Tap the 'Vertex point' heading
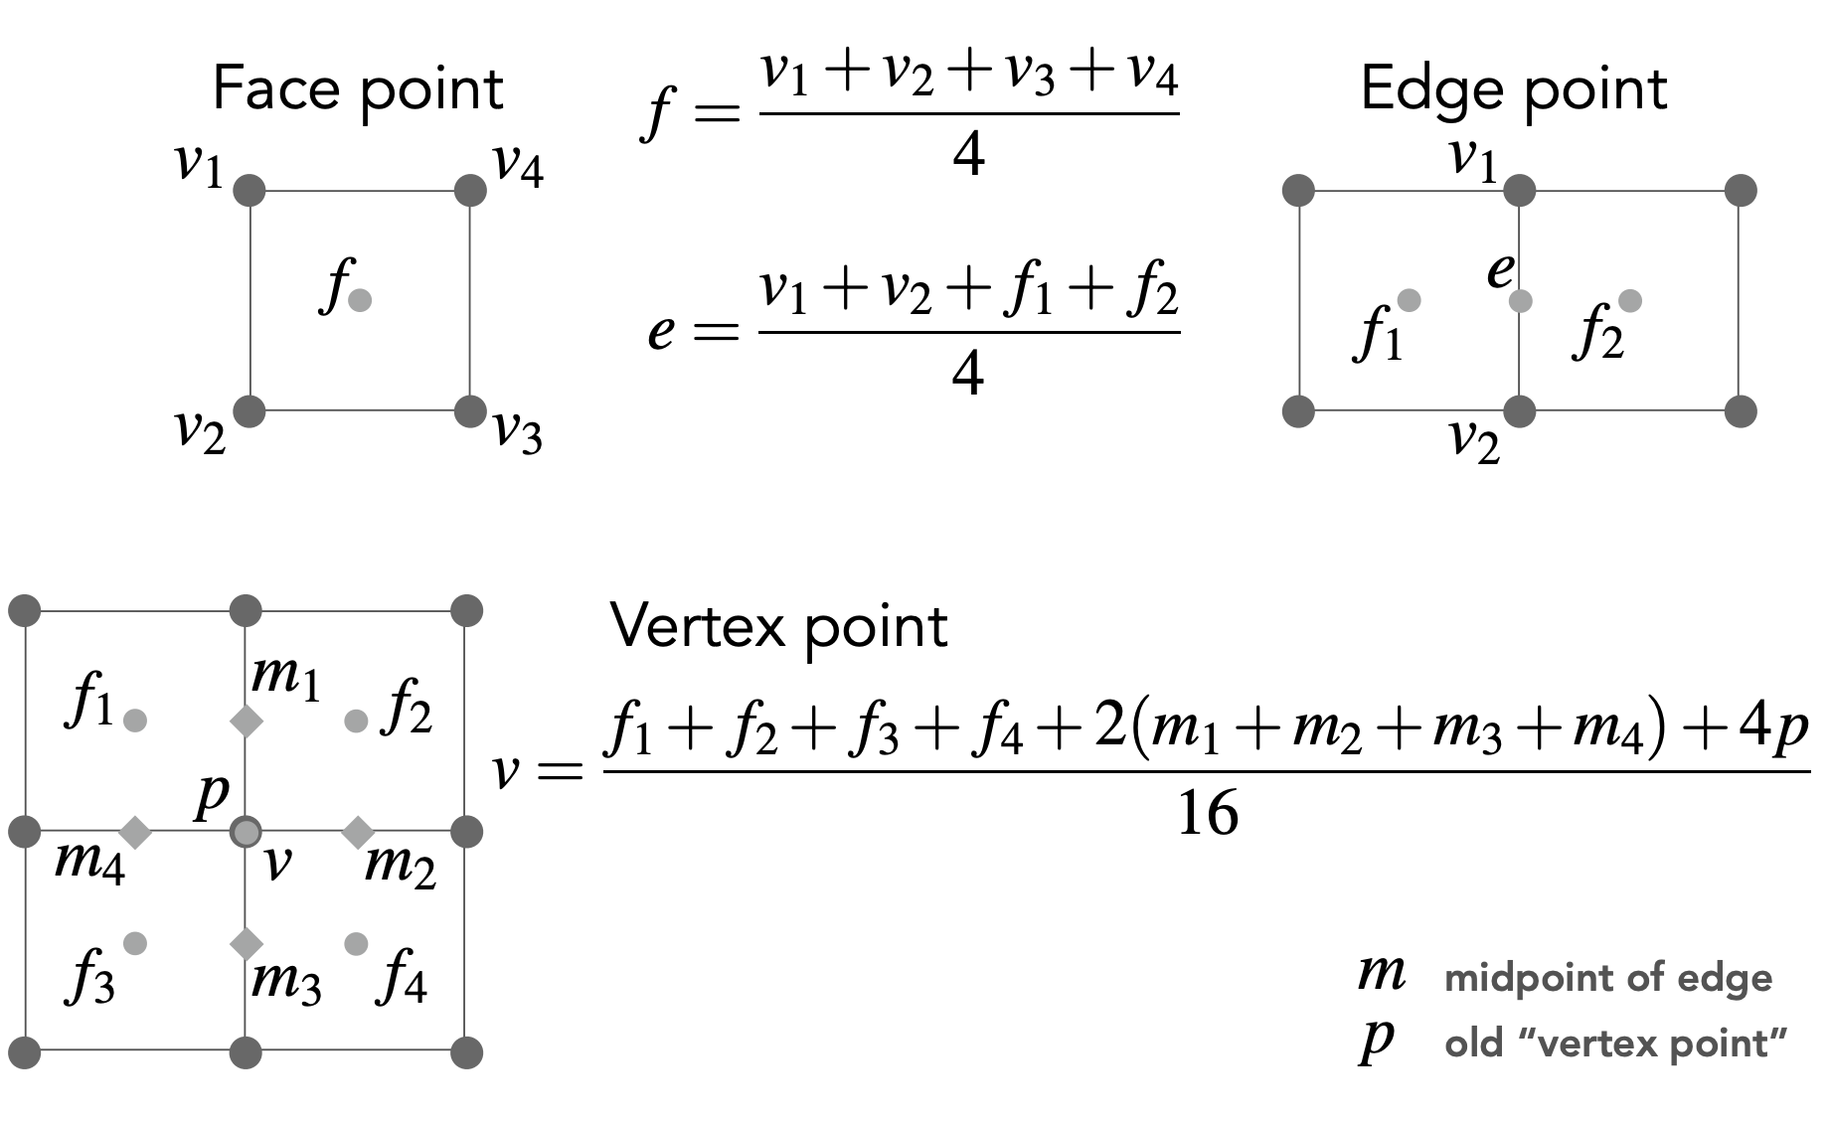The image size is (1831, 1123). (779, 627)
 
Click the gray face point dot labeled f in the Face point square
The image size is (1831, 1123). (361, 299)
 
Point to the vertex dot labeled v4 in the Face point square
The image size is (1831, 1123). (470, 190)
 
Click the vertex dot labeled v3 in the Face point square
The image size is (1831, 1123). (470, 410)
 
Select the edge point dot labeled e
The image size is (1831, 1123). (1520, 300)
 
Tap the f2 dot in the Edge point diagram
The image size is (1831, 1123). (1630, 300)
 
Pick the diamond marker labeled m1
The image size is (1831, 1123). (246, 721)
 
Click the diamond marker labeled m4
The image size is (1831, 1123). (135, 831)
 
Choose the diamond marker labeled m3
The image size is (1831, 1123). (246, 942)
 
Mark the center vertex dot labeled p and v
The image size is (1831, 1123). (246, 831)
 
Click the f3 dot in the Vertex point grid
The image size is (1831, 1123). (135, 942)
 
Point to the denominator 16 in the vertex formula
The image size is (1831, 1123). (1208, 814)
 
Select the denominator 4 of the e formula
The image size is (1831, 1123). (968, 374)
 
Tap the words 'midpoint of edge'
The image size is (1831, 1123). (1607, 979)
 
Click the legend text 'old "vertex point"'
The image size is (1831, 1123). (1615, 1043)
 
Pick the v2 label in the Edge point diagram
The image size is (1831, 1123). (1473, 441)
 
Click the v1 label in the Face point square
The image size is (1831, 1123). (200, 165)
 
